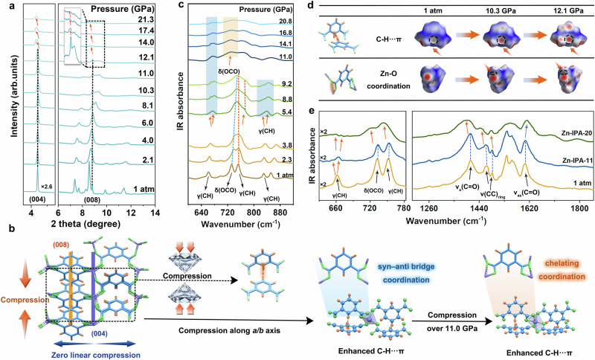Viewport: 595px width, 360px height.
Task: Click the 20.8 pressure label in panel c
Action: [x=296, y=26]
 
